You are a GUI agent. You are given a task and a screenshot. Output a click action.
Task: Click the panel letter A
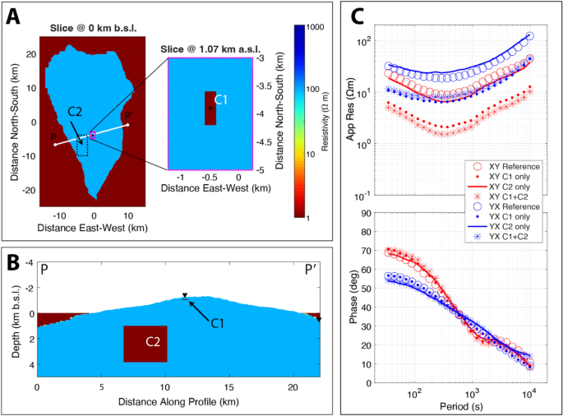pyautogui.click(x=14, y=16)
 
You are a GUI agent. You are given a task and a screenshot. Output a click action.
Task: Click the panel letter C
pyautogui.click(x=358, y=16)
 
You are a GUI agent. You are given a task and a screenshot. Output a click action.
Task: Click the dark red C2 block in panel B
pyautogui.click(x=145, y=343)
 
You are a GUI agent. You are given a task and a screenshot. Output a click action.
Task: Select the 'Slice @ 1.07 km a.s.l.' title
pyautogui.click(x=204, y=47)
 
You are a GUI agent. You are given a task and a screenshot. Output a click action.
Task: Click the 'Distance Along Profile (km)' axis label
pyautogui.click(x=176, y=403)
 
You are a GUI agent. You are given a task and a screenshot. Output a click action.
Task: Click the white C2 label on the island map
pyautogui.click(x=75, y=111)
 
